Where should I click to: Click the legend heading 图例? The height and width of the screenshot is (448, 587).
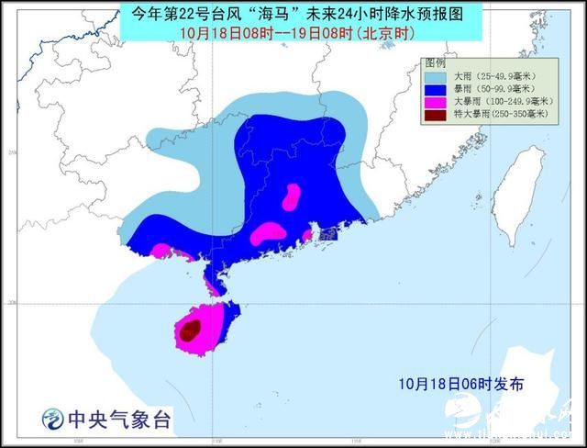pyautogui.click(x=436, y=62)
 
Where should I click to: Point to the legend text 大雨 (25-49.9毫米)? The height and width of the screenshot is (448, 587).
pyautogui.click(x=500, y=76)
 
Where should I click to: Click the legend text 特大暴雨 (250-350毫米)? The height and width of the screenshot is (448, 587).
pyautogui.click(x=500, y=115)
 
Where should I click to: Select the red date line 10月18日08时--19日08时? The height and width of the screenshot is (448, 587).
pyautogui.click(x=293, y=33)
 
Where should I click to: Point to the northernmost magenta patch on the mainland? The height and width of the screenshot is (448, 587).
pyautogui.click(x=292, y=196)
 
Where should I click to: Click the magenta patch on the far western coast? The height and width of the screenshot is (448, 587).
pyautogui.click(x=161, y=250)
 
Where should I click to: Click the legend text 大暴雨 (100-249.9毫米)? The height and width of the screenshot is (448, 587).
pyautogui.click(x=503, y=102)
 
